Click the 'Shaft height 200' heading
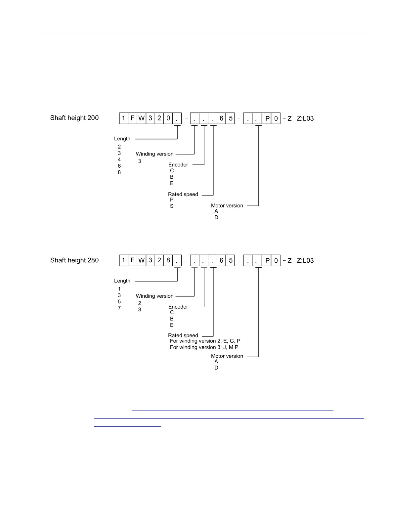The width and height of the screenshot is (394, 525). (74, 118)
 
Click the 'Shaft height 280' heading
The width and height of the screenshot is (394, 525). (74, 260)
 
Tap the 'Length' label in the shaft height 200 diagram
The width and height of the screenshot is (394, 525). (122, 139)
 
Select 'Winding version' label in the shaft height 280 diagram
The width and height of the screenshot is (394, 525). (154, 296)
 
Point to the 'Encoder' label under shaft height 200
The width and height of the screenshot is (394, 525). (178, 165)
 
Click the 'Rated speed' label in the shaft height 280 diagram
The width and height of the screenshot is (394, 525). (183, 335)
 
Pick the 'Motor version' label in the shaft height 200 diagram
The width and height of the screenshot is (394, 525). (227, 206)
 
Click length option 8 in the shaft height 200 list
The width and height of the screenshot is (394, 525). (119, 172)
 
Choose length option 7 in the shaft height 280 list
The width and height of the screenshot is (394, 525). (119, 308)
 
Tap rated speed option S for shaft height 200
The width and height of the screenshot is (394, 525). (172, 206)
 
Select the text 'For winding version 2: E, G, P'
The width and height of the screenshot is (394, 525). (205, 341)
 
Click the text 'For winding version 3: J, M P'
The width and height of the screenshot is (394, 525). (204, 347)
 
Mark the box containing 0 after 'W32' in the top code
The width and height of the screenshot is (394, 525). (168, 118)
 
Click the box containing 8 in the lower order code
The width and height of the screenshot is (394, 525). (168, 261)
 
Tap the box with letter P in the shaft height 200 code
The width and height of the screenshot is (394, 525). (267, 118)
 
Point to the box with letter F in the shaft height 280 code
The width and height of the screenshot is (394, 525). (132, 261)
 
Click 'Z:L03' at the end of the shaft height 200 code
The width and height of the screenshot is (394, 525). (305, 118)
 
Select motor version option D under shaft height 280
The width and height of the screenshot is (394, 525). (216, 368)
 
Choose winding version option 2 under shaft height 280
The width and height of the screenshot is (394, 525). (140, 303)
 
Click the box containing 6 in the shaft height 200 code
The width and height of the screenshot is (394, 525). (221, 118)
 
